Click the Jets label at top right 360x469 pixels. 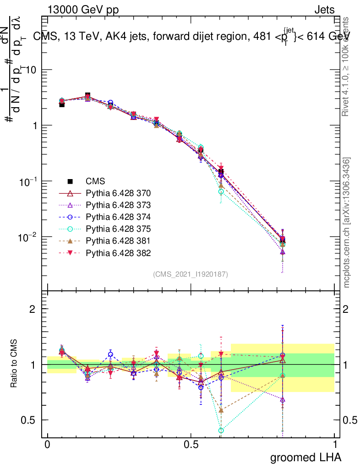coord(324,10)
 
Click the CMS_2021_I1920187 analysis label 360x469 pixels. coord(191,274)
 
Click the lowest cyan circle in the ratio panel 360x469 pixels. coord(221,431)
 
